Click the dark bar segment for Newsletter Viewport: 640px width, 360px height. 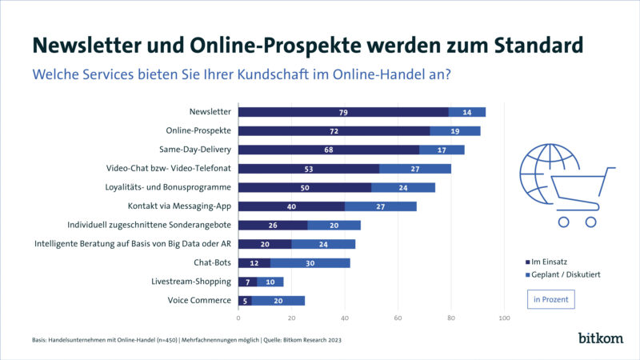pos(343,112)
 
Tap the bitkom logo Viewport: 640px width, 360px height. pos(600,338)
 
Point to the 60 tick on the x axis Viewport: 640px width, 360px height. pos(398,318)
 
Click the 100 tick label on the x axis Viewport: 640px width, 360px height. pos(504,318)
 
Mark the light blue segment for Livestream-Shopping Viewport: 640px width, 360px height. pos(270,282)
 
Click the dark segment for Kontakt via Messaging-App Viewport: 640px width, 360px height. pos(291,206)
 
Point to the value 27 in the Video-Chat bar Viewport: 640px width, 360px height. pos(415,169)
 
